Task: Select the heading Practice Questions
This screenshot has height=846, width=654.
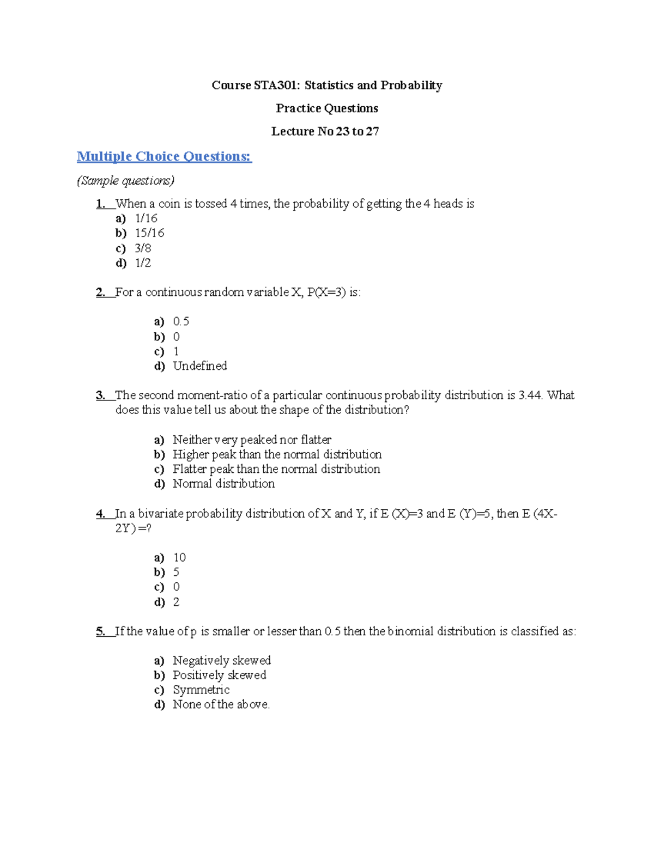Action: tap(327, 108)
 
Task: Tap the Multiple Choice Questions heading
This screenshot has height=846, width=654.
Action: tap(164, 157)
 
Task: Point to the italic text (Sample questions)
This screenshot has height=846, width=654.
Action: tap(125, 181)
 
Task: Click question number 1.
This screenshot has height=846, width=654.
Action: tap(101, 204)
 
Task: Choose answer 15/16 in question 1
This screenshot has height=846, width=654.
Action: tap(149, 233)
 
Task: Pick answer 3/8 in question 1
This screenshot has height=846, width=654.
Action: tap(143, 248)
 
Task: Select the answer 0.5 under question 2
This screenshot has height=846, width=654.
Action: tap(181, 321)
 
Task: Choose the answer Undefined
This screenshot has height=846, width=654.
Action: tap(199, 366)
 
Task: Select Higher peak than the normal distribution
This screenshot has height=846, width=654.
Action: tap(277, 454)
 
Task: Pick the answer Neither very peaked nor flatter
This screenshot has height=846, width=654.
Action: tap(252, 440)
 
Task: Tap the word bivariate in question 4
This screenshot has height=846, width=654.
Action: tap(161, 514)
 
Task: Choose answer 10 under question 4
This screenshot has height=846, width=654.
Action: tap(179, 558)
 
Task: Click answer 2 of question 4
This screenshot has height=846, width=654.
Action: tap(176, 602)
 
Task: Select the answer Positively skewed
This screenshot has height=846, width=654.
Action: tap(219, 675)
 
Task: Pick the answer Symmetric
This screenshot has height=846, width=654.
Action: tap(201, 690)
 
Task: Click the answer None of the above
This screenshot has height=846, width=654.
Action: tap(221, 704)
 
